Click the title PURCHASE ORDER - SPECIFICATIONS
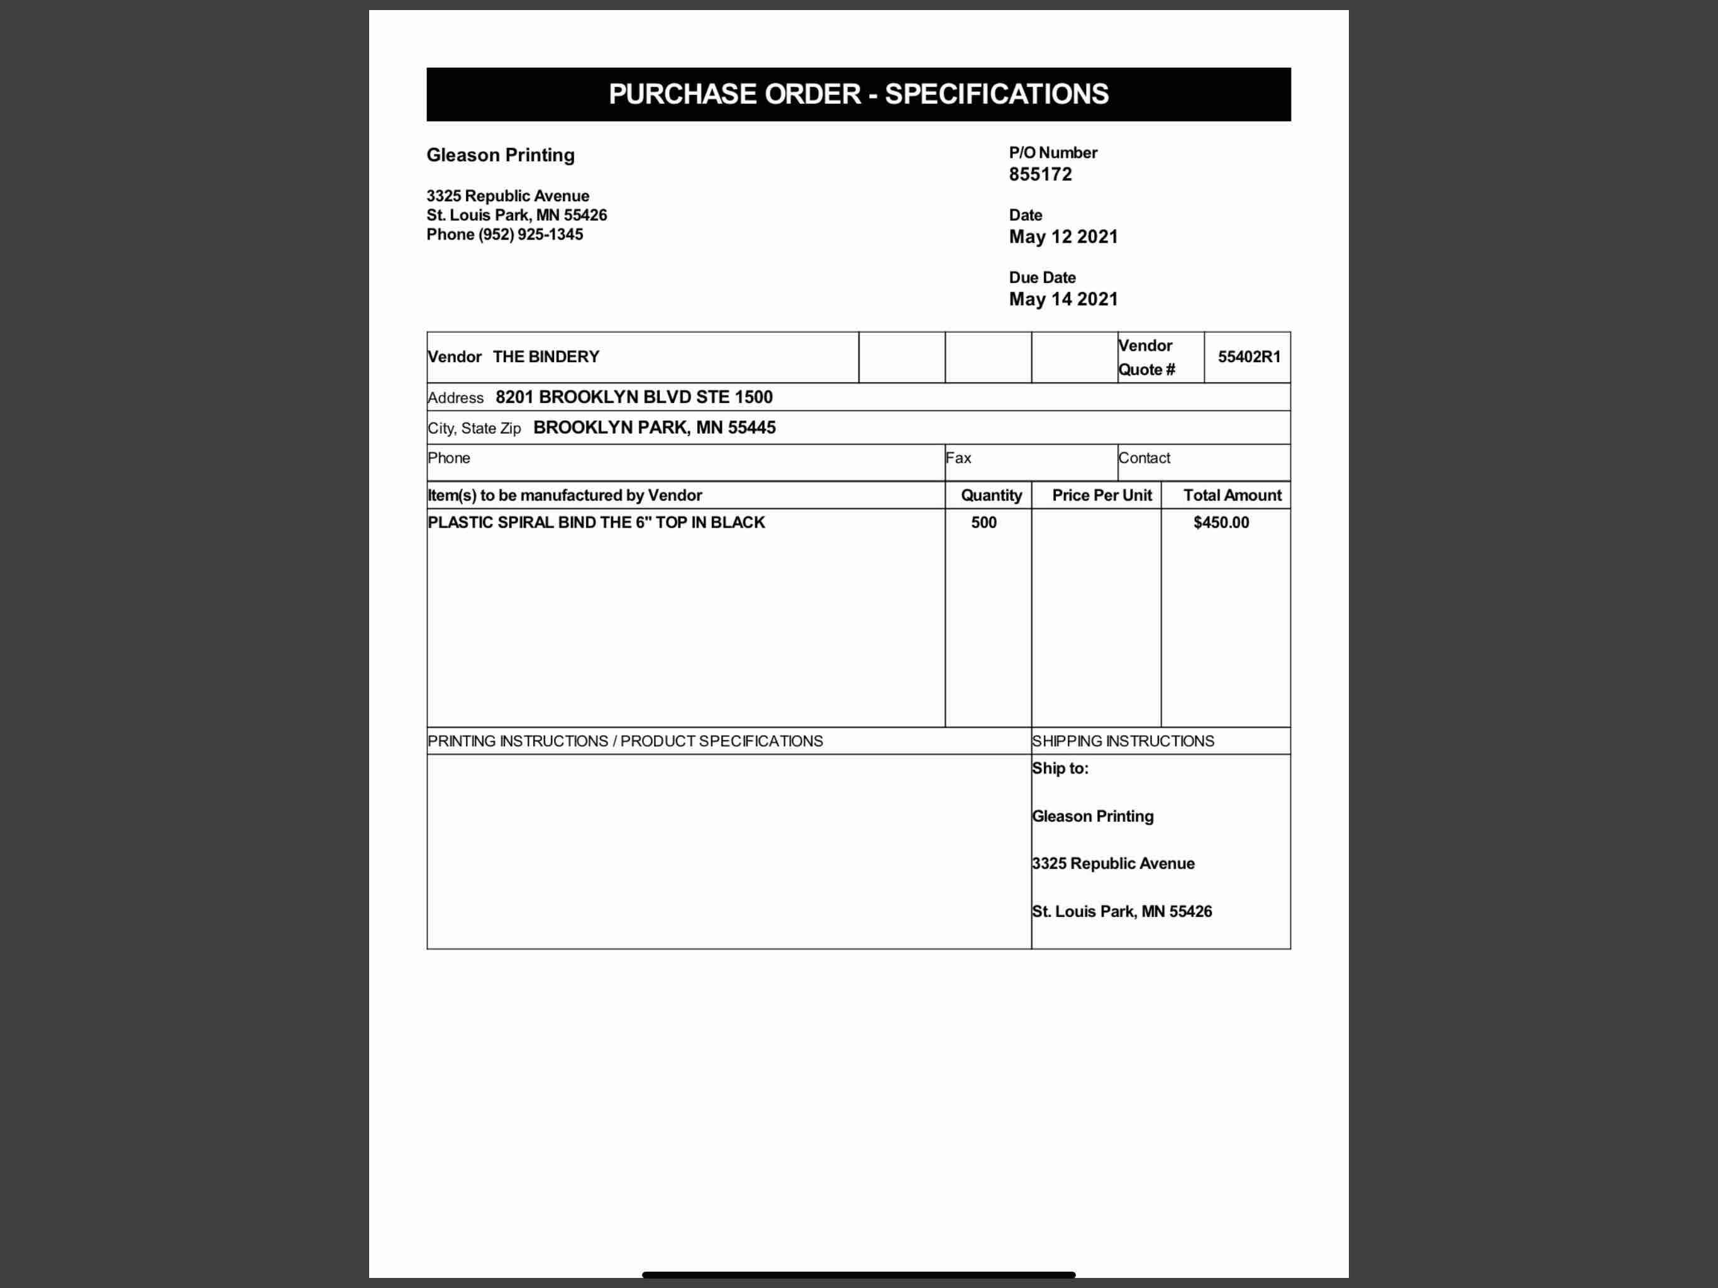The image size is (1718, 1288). tap(858, 94)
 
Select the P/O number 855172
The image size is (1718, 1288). tap(1040, 175)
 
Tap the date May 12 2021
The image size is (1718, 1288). tap(1063, 237)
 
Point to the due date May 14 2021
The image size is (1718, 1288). tap(1063, 300)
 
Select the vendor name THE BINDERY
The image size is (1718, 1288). tap(546, 357)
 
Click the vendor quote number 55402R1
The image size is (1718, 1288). tap(1249, 357)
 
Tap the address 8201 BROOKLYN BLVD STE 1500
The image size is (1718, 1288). tap(634, 397)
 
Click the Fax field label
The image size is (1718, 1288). tap(958, 458)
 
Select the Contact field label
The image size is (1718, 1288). tap(1144, 458)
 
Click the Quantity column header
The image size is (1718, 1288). tap(991, 496)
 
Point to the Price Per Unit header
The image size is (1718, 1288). tap(1101, 496)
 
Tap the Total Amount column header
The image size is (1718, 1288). tap(1232, 496)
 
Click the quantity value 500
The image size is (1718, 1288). tap(984, 523)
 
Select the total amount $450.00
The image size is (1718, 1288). tap(1221, 523)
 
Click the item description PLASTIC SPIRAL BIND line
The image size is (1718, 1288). tap(596, 523)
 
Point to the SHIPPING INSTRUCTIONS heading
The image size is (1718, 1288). tap(1122, 741)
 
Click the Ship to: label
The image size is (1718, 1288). tap(1060, 769)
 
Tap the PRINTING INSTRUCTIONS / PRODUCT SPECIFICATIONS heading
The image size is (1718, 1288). tap(624, 741)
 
